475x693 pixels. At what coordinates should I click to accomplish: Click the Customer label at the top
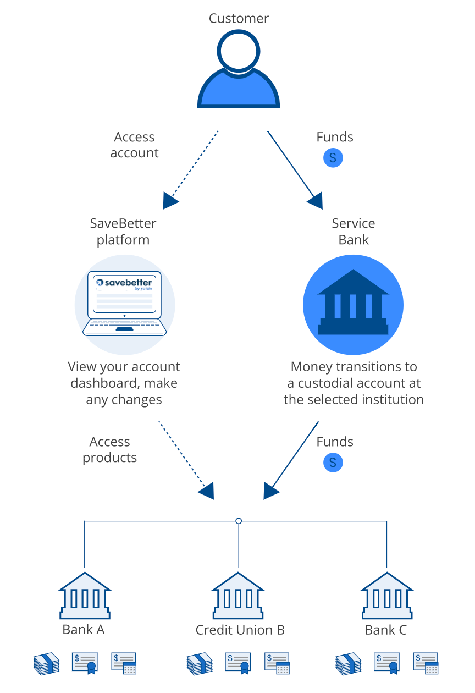pos(239,18)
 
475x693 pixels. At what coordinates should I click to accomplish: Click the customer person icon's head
pos(239,49)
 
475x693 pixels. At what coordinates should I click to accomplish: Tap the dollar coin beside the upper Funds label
pos(333,158)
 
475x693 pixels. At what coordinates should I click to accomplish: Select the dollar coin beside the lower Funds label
pos(333,463)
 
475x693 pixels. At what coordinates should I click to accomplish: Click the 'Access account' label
pos(134,145)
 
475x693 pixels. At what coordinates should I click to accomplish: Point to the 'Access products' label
pos(110,449)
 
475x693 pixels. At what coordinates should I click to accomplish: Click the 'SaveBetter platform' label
pos(123,232)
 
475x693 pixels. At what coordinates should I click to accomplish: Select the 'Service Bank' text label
pos(354,232)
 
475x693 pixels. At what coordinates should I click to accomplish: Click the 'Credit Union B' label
pos(240,630)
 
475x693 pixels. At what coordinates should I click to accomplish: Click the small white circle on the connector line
pos(239,520)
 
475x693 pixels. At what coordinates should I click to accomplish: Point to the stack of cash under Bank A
pos(46,663)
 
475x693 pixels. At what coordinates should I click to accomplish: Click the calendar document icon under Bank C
pos(426,663)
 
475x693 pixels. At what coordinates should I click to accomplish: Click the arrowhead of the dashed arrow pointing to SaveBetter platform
pos(170,201)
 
